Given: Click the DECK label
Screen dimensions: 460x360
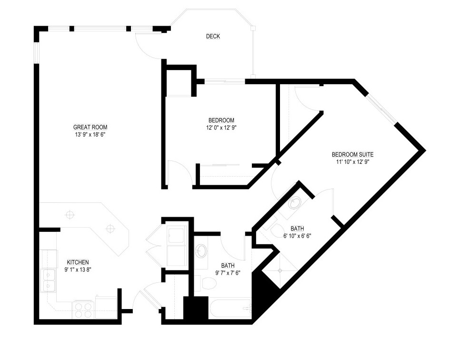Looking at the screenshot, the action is [213, 37].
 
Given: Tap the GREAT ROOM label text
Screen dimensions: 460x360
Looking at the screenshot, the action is [90, 127].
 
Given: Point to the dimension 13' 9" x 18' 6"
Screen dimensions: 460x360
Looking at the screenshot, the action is [90, 135].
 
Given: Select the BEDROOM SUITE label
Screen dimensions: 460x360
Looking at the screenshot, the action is [352, 155].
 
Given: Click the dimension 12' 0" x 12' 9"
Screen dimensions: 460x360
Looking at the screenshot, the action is [221, 128].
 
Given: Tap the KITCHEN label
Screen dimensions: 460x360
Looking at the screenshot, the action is [78, 262].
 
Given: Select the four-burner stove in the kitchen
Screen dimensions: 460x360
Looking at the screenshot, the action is [83, 309].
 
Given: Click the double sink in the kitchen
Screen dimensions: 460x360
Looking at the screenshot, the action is [48, 280].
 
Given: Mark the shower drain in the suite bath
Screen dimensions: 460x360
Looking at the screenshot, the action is [280, 270].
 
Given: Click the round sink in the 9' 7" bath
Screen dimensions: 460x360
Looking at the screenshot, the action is [201, 250].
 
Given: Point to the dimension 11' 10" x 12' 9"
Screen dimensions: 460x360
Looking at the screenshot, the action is [352, 162].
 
